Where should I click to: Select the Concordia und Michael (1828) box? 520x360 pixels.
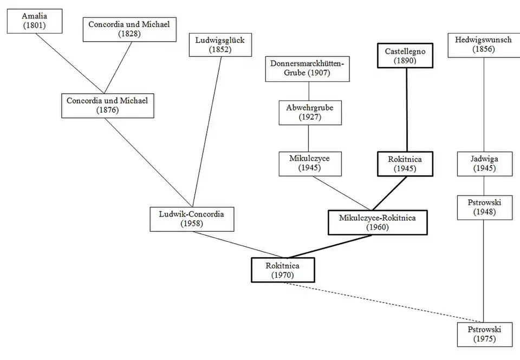click(129, 29)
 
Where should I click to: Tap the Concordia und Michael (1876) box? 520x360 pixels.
click(107, 105)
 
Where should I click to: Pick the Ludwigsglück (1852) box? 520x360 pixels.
click(220, 44)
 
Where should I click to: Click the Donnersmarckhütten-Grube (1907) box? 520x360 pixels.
click(308, 68)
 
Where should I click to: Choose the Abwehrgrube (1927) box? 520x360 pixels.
click(310, 112)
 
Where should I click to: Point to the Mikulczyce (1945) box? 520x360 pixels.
click(310, 163)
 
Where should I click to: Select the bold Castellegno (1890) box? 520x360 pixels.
click(405, 56)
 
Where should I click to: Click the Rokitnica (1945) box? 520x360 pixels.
click(405, 163)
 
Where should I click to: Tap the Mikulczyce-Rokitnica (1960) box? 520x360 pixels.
click(378, 222)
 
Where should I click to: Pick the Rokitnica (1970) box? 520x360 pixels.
click(283, 270)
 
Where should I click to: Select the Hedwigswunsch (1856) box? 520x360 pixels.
click(484, 44)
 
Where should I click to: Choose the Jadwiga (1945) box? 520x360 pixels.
click(484, 163)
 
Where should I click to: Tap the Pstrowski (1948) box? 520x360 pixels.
click(484, 207)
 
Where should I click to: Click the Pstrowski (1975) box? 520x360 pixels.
click(484, 334)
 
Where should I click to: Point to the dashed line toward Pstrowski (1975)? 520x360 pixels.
click(385, 302)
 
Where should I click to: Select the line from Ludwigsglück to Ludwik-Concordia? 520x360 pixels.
click(208, 130)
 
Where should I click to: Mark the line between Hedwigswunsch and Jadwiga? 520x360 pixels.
click(484, 103)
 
